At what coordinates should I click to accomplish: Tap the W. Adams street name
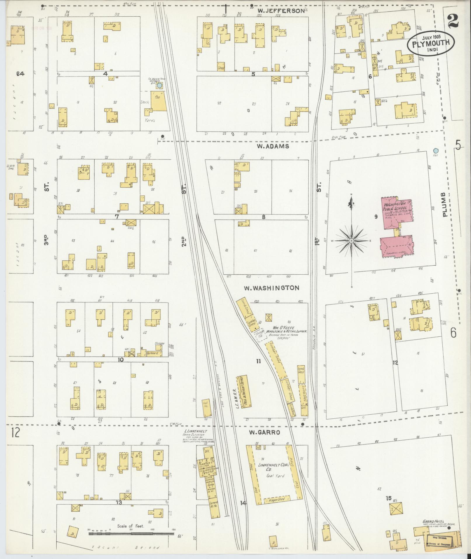pyautogui.click(x=273, y=146)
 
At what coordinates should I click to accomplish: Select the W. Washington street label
pyautogui.click(x=272, y=288)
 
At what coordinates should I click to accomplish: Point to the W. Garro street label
pyautogui.click(x=264, y=432)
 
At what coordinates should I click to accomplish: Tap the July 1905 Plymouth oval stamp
pyautogui.click(x=431, y=43)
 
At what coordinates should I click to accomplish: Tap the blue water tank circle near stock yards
pyautogui.click(x=159, y=86)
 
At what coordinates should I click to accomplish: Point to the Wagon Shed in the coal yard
pyautogui.click(x=277, y=499)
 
